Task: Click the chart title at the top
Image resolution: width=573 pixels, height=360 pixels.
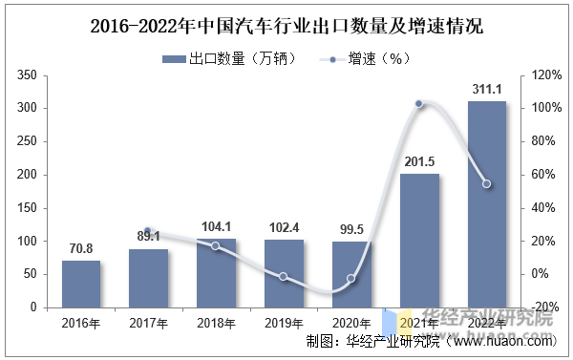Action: click(x=286, y=26)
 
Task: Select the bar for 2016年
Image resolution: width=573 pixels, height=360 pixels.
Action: click(x=81, y=284)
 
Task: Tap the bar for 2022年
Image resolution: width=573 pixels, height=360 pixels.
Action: click(x=487, y=204)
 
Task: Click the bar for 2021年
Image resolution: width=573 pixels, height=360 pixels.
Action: click(x=419, y=241)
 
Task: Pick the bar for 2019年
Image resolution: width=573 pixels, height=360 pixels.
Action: click(x=284, y=273)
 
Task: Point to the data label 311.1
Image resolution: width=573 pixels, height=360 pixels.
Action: click(x=487, y=90)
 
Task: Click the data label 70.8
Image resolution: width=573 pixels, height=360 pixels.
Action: click(x=81, y=249)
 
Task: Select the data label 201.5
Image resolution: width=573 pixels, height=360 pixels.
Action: click(x=419, y=162)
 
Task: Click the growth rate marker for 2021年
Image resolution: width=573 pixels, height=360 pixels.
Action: click(x=419, y=104)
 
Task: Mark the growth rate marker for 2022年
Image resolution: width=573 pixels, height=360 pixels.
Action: click(x=487, y=183)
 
